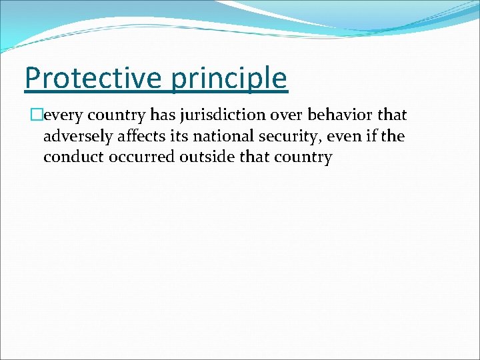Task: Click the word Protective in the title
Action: pyautogui.click(x=93, y=79)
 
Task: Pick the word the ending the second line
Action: pyautogui.click(x=391, y=137)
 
